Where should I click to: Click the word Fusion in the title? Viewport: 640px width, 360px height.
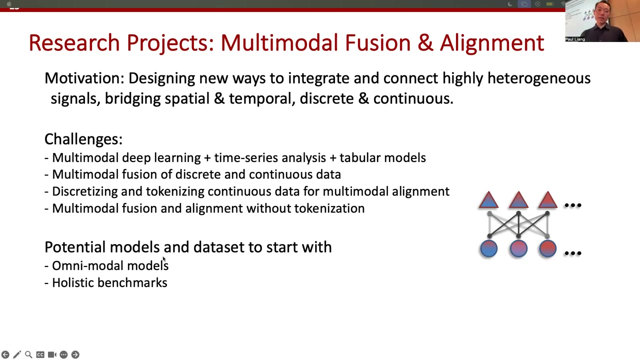coord(377,43)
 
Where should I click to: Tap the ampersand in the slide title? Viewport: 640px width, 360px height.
coord(425,43)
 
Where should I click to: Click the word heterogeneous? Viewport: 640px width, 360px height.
coord(539,79)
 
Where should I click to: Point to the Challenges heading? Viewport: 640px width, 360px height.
coord(83,139)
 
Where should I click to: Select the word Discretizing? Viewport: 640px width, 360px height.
coord(85,191)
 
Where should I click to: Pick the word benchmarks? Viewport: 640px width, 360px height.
coord(132,282)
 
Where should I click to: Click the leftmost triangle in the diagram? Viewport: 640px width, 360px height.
coord(488,199)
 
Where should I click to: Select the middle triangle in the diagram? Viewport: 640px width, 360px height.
coord(518,199)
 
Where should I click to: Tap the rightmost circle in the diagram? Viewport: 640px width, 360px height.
coord(547,248)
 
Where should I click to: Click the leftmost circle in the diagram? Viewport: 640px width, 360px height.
coord(489,248)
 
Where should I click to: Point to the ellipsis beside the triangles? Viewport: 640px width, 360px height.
coord(573,205)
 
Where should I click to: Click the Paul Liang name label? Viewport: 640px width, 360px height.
coord(575,39)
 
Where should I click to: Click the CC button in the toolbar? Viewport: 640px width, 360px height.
coord(40,354)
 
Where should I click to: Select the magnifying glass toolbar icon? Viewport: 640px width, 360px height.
coord(28,354)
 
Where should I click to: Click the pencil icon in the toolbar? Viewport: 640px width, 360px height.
coord(17,354)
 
